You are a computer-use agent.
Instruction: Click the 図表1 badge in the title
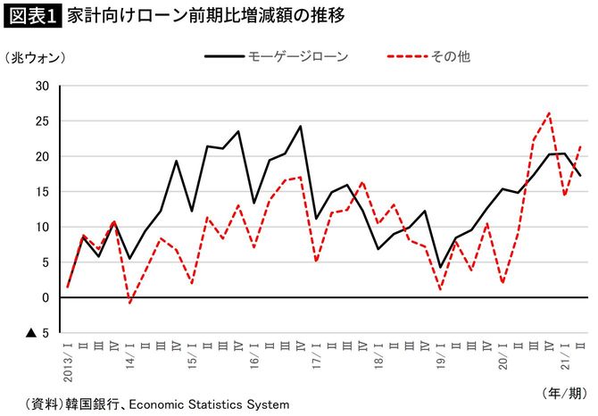(x=30, y=16)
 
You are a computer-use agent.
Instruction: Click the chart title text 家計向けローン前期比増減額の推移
(x=170, y=16)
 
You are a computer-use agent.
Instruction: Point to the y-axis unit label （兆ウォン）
(x=36, y=57)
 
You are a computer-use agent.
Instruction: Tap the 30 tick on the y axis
(x=41, y=86)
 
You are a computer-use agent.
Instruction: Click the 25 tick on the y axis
(x=41, y=121)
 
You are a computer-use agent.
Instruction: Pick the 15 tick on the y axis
(x=41, y=192)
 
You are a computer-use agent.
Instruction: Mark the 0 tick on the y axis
(x=45, y=297)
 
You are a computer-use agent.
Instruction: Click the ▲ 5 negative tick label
(x=37, y=333)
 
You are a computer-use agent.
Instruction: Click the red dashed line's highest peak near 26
(x=549, y=113)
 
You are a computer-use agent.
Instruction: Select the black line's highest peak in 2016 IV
(x=300, y=126)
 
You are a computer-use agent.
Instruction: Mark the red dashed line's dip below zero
(x=129, y=304)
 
